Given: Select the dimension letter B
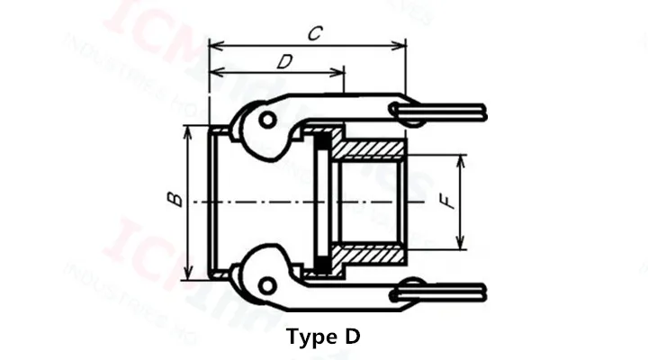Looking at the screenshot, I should pyautogui.click(x=176, y=200).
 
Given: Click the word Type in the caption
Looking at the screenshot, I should pyautogui.click(x=310, y=337).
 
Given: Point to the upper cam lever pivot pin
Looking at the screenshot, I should pyautogui.click(x=265, y=119).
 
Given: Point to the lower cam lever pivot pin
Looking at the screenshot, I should pyautogui.click(x=265, y=284).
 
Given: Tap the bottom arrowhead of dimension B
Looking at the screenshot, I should pyautogui.click(x=189, y=274).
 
